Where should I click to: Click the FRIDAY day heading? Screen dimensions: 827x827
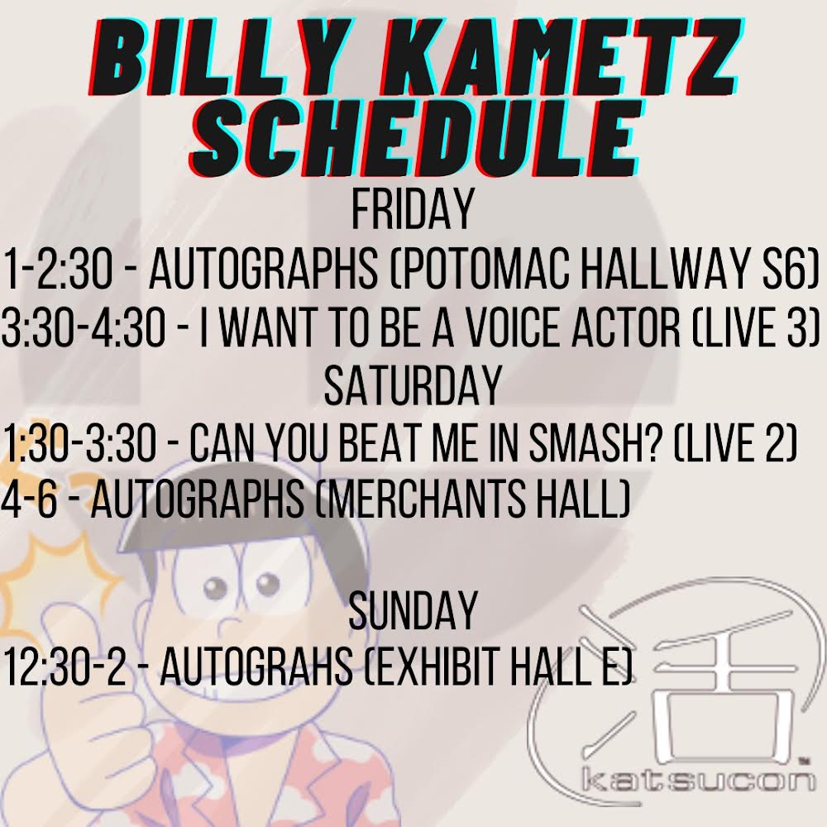[x=413, y=212]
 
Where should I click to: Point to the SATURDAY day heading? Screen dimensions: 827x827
[x=413, y=386]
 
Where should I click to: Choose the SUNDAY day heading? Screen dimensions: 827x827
[x=413, y=613]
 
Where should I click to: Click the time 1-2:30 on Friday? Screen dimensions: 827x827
[x=67, y=270]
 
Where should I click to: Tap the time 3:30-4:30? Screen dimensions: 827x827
[x=92, y=328]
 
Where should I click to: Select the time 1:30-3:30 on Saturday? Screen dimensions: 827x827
[x=79, y=444]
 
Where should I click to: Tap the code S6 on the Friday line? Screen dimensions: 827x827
[x=782, y=270]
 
